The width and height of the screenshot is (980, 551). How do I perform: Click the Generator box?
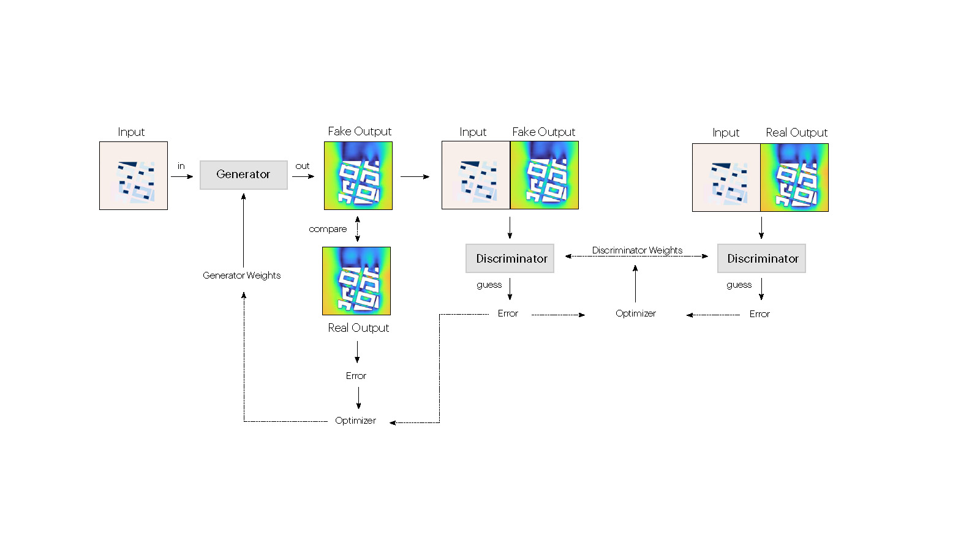click(243, 174)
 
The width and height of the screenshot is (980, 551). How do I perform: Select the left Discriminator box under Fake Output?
click(510, 258)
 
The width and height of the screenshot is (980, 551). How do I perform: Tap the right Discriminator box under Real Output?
click(761, 258)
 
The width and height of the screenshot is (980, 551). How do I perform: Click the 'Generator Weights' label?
click(242, 275)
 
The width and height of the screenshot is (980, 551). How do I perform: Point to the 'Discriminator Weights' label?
click(637, 250)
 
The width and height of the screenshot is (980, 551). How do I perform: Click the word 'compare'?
click(328, 229)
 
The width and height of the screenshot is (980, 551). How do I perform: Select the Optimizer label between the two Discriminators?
click(635, 313)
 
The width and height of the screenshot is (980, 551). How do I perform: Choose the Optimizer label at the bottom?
click(355, 421)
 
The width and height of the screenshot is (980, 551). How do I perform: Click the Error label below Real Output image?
click(356, 376)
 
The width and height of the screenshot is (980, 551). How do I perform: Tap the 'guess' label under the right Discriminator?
click(739, 285)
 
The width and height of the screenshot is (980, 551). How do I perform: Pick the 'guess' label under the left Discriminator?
click(489, 285)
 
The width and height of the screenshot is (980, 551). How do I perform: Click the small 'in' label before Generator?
click(181, 166)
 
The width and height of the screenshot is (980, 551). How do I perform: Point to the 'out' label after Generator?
click(303, 166)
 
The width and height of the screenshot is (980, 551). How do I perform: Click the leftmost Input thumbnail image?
click(134, 176)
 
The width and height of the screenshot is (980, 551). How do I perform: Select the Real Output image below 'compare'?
click(356, 281)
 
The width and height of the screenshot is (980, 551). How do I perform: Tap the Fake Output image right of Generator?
click(358, 176)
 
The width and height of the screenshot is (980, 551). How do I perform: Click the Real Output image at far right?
click(794, 178)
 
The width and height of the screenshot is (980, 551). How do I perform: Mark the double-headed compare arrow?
click(358, 229)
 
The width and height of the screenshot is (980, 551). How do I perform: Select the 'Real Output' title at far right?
click(796, 133)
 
